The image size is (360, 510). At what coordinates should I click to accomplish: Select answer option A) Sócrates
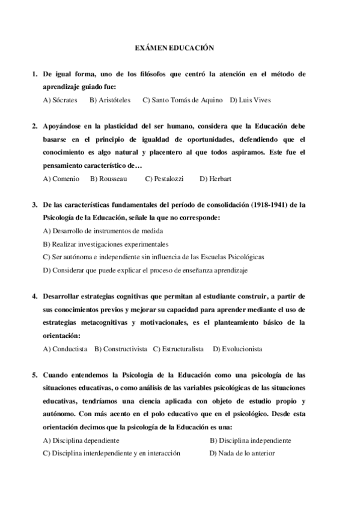[60, 100]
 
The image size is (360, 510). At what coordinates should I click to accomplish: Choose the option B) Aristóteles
[111, 100]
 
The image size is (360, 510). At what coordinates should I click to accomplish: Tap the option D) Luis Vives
[251, 100]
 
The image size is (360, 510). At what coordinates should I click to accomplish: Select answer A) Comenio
[61, 179]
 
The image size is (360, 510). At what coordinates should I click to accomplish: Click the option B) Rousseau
[109, 179]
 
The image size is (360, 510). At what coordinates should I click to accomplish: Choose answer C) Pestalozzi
[164, 179]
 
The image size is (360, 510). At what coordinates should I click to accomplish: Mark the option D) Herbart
[215, 179]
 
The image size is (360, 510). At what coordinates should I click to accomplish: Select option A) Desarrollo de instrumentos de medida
[103, 231]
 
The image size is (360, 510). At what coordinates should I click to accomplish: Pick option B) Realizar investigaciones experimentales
[106, 244]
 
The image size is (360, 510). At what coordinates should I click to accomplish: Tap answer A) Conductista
[66, 349]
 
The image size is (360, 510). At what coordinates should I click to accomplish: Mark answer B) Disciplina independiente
[250, 440]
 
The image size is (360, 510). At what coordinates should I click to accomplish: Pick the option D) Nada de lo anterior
[242, 453]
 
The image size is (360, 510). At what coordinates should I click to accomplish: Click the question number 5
[35, 375]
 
